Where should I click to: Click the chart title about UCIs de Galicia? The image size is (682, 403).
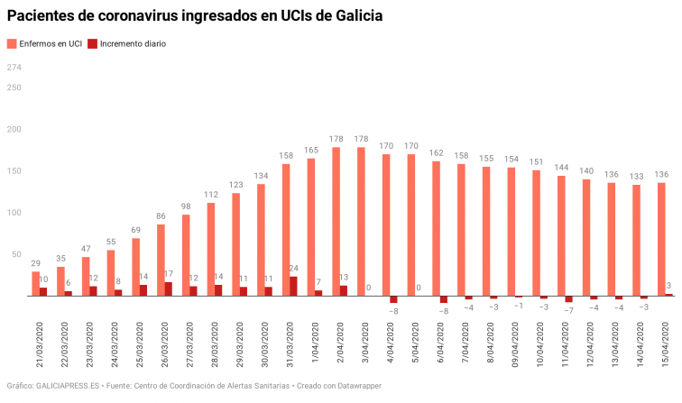(194, 16)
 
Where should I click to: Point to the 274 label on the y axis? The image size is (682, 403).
(14, 68)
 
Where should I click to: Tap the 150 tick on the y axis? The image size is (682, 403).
(14, 170)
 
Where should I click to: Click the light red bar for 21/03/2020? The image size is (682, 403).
(35, 283)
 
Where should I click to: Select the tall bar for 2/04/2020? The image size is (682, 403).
(336, 221)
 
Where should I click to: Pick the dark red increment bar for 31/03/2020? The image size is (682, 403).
(294, 286)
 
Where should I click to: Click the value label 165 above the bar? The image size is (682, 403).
(310, 150)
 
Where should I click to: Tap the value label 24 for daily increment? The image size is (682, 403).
(294, 269)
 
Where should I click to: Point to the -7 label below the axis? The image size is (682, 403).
(568, 310)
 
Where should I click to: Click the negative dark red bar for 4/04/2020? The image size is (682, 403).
(393, 299)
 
